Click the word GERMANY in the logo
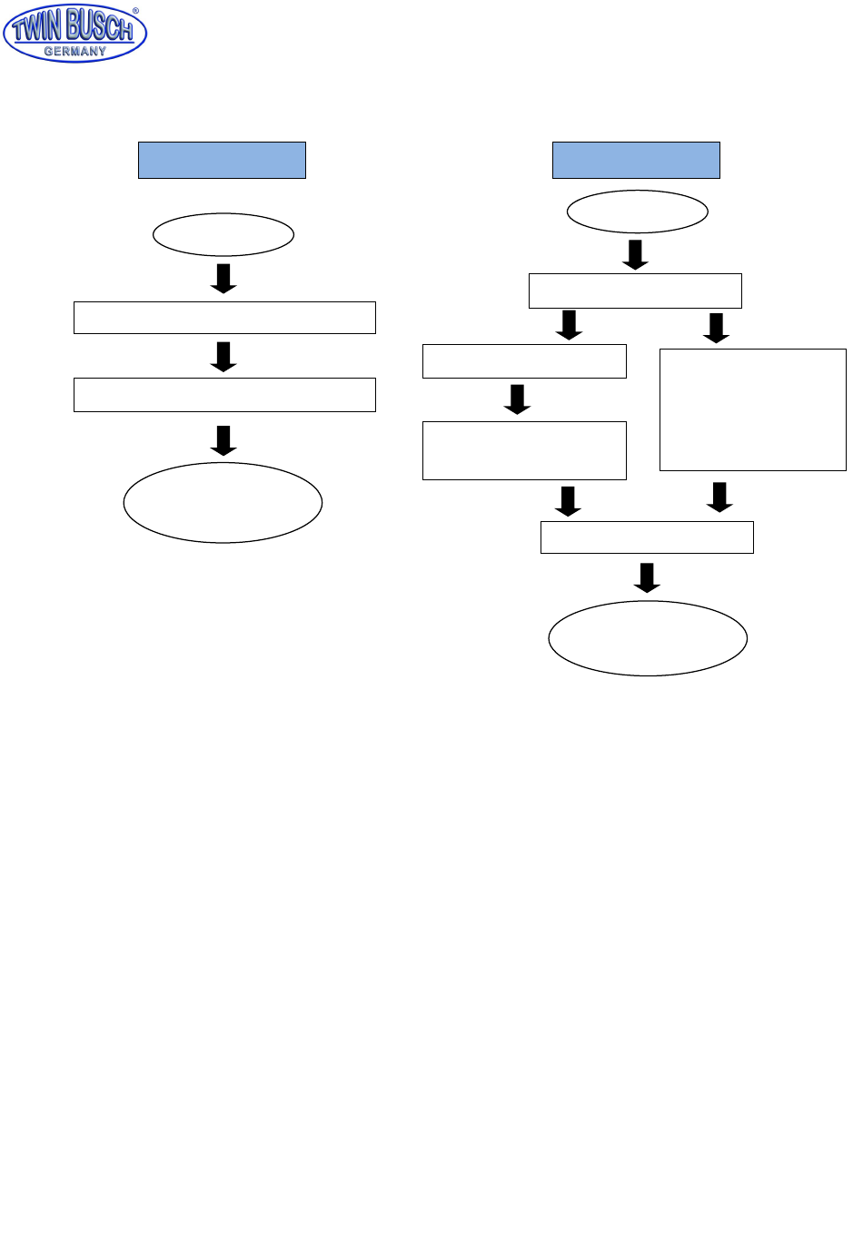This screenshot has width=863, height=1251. (75, 52)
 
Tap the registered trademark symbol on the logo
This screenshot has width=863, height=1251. (136, 12)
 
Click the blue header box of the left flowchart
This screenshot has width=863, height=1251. (222, 160)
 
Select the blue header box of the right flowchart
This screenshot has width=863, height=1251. (636, 160)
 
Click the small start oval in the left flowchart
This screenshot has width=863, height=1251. (223, 235)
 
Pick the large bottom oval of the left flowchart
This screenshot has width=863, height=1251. (223, 503)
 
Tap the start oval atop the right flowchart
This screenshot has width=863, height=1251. (637, 212)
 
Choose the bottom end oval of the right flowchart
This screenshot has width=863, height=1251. (648, 638)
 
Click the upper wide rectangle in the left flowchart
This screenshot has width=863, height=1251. (224, 318)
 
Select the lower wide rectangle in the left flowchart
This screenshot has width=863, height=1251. (224, 395)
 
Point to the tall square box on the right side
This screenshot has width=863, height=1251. (752, 409)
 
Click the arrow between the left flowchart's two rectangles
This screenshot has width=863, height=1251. (223, 357)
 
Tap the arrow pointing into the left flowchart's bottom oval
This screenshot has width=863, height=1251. (223, 440)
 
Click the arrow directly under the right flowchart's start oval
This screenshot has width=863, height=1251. (636, 255)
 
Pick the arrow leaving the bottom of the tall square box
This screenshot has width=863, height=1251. (719, 497)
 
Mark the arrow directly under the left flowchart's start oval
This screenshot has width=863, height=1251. (223, 279)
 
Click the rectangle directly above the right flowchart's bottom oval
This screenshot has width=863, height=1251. (647, 537)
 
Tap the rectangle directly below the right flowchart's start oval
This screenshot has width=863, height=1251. (635, 291)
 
